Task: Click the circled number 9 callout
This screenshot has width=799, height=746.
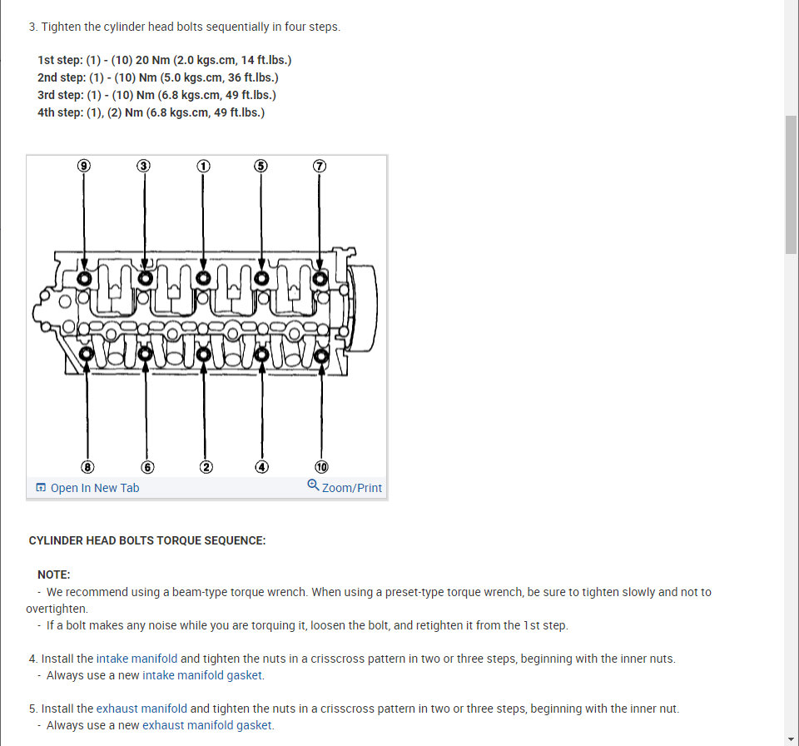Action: [x=83, y=166]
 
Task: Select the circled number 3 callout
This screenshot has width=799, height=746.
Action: [x=144, y=166]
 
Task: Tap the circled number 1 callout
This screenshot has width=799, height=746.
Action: [x=203, y=166]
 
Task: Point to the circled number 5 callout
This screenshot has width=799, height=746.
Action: [x=261, y=166]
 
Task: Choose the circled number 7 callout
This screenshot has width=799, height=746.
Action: [x=320, y=166]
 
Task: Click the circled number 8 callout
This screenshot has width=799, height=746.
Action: [x=87, y=466]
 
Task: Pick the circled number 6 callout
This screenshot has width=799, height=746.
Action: [x=147, y=466]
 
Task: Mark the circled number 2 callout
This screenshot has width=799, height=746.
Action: [x=206, y=466]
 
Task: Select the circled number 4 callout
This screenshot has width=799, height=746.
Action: [x=262, y=466]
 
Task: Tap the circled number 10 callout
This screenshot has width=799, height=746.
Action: [x=322, y=466]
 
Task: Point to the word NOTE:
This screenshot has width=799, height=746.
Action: [x=54, y=574]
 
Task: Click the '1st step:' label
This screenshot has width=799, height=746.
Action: [x=60, y=60]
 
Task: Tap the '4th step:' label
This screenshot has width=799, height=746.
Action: [x=60, y=112]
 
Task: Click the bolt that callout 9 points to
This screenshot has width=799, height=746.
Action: [x=84, y=277]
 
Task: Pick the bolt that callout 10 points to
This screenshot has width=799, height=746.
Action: [x=322, y=356]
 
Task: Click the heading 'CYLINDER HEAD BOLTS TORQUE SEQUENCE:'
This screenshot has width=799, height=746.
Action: [x=147, y=540]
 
